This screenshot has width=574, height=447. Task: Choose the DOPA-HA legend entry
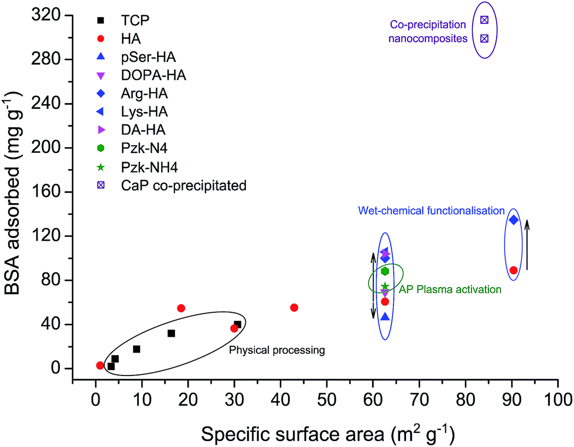coord(147,76)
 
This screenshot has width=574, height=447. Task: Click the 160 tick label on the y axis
coord(46,192)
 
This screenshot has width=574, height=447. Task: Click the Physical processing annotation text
coord(276,350)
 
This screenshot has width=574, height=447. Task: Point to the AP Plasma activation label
coord(450,289)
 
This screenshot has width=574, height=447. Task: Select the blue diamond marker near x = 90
coord(514,220)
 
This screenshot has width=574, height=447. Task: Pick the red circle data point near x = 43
coord(294,308)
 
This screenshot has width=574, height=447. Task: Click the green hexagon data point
coord(385,271)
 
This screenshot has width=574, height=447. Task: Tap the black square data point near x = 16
coord(171,333)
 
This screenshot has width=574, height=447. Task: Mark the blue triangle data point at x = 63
coord(385,317)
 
